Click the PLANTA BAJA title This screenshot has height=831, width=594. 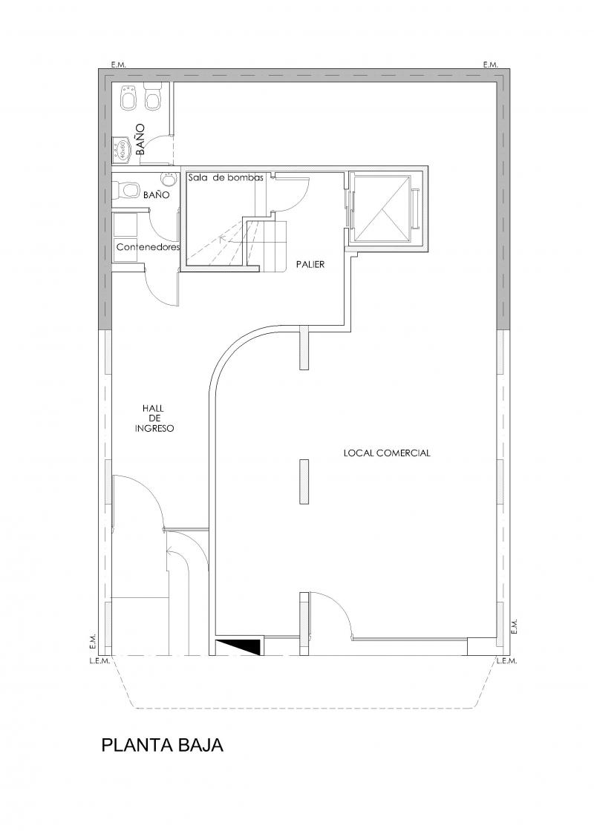(x=162, y=745)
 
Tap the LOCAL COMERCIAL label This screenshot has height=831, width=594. (x=387, y=453)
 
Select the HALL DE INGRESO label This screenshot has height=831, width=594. (x=154, y=418)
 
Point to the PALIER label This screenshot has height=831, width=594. (x=310, y=264)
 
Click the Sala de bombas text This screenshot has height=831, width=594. (x=226, y=178)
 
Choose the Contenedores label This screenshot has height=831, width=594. (x=148, y=248)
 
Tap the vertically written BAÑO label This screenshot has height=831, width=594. (x=140, y=139)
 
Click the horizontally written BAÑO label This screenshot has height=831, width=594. (x=157, y=195)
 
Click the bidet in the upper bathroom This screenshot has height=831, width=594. (x=128, y=97)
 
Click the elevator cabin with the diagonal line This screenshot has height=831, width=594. (x=382, y=208)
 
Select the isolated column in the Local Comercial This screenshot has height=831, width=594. (x=304, y=482)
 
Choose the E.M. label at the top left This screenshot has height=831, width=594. (x=118, y=65)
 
